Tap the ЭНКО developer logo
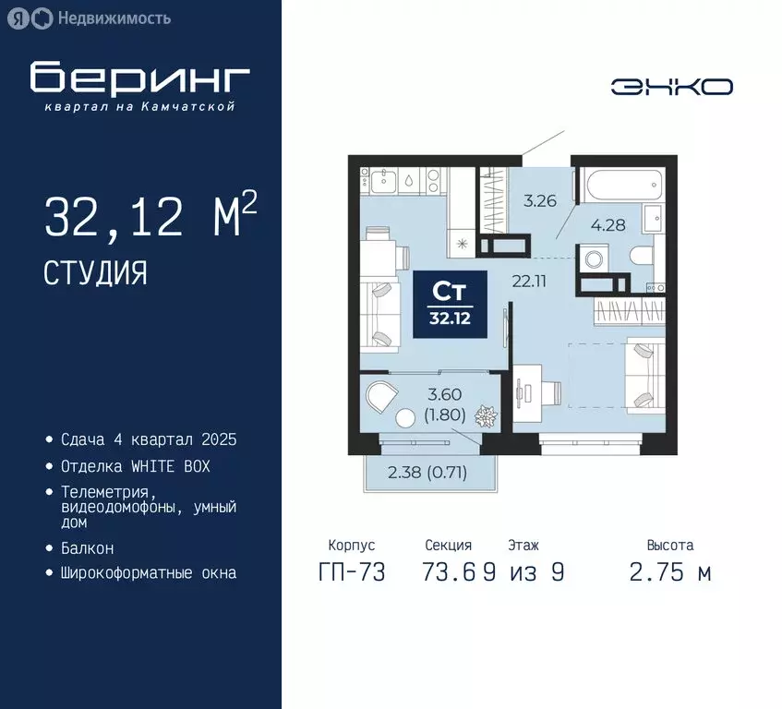pyautogui.click(x=671, y=87)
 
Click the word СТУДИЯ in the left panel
pyautogui.click(x=95, y=272)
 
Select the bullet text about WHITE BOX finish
pyautogui.click(x=135, y=466)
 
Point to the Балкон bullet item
pyautogui.click(x=87, y=548)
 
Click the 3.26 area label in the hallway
pyautogui.click(x=539, y=199)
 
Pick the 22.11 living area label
pyautogui.click(x=530, y=282)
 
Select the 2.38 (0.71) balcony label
pyautogui.click(x=427, y=474)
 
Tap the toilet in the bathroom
pyautogui.click(x=637, y=258)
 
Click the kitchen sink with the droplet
pyautogui.click(x=407, y=180)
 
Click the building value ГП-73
pyautogui.click(x=351, y=572)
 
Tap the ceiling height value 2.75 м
pyautogui.click(x=670, y=572)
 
